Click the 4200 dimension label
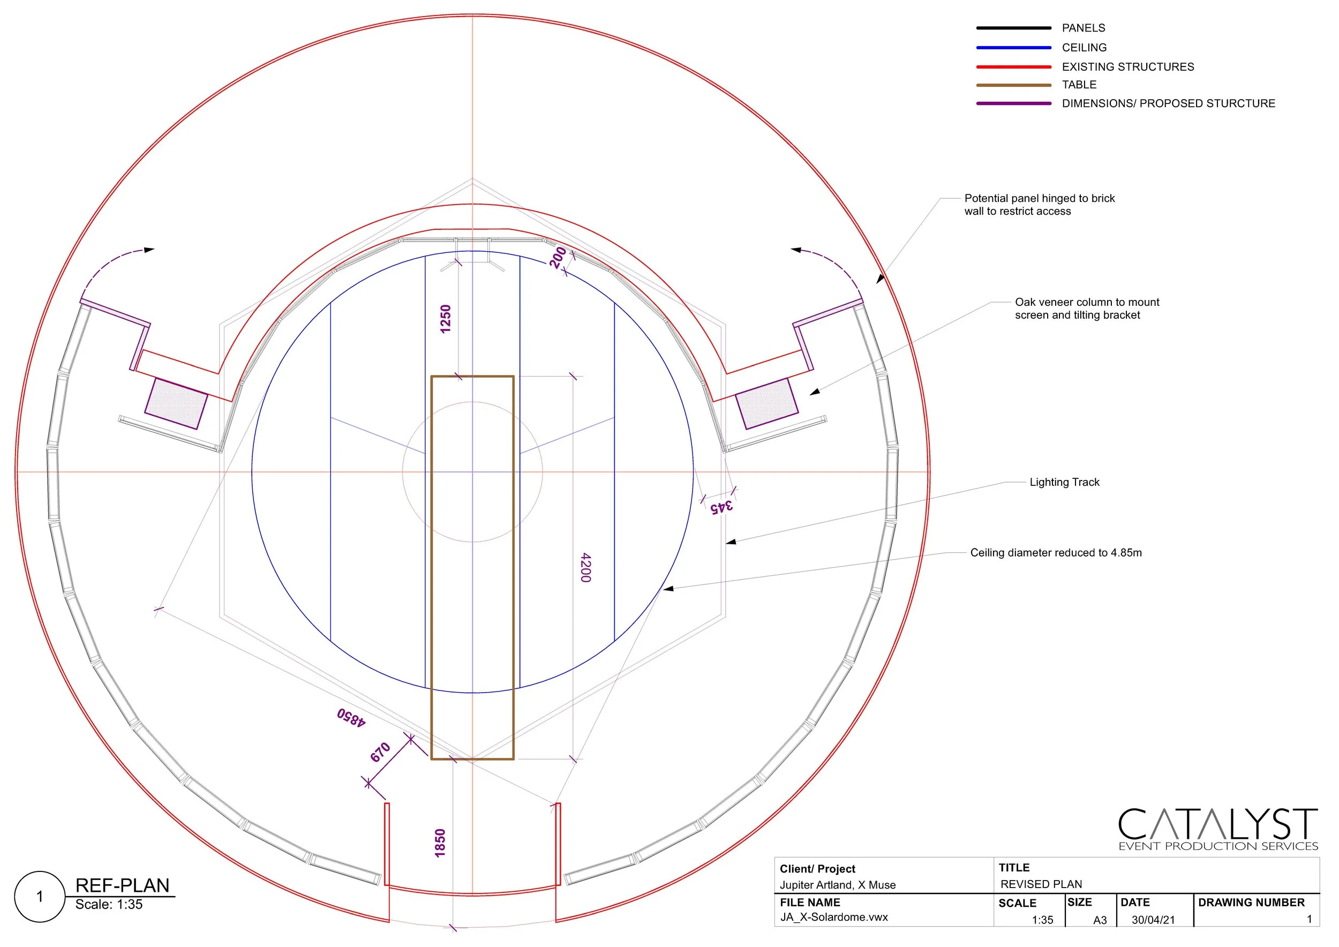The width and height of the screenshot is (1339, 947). [x=586, y=567]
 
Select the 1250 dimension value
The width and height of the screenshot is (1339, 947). [x=446, y=319]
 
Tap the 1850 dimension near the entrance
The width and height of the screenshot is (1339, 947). [x=440, y=843]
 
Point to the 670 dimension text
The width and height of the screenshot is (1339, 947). [x=380, y=752]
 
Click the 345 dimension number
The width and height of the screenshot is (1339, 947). [x=721, y=506]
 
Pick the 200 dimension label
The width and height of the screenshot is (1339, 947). [x=558, y=257]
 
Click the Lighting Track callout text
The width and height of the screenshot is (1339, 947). [x=1064, y=482]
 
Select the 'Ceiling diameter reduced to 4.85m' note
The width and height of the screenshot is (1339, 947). [x=1056, y=553]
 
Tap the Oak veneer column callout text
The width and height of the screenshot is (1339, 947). [x=1087, y=309]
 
